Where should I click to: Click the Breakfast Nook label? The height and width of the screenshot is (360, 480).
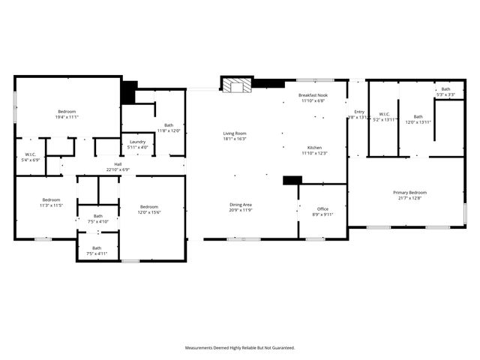[x=312, y=95]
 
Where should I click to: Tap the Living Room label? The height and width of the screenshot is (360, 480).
[x=235, y=133]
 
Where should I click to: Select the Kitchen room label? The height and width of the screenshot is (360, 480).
[x=314, y=148]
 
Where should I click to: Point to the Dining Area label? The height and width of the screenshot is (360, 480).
[x=241, y=204]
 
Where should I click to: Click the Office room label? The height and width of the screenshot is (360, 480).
[x=322, y=208]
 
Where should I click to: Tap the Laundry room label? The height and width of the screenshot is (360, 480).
[x=137, y=142]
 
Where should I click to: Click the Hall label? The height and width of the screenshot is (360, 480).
[x=118, y=164]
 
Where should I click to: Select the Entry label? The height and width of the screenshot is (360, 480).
[x=359, y=112]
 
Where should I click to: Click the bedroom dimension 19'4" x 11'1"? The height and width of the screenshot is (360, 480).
[x=67, y=117]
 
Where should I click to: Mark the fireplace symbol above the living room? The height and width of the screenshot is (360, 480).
[x=237, y=85]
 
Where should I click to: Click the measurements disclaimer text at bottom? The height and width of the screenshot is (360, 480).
[x=240, y=347]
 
